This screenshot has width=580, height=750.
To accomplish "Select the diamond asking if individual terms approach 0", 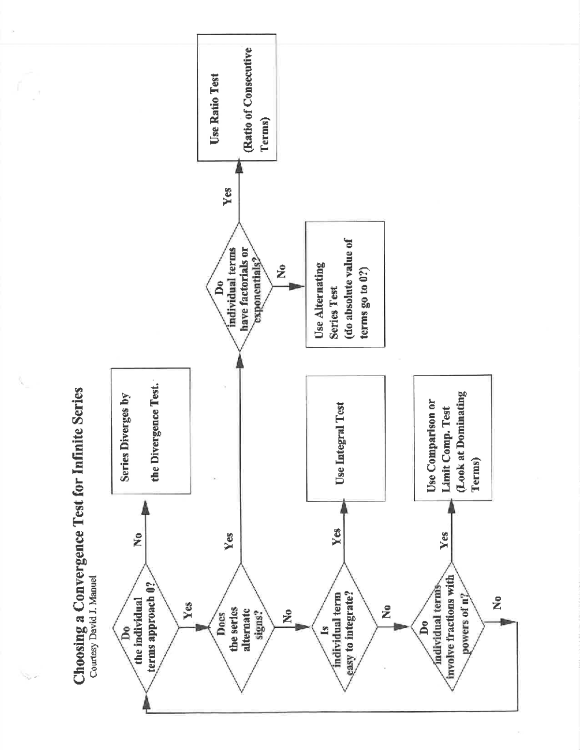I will tap(145, 627).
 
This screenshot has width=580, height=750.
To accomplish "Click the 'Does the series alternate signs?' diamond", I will tap(240, 627).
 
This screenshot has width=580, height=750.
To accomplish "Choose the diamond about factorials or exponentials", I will tap(239, 287).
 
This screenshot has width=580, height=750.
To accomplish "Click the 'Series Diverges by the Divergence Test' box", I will tap(151, 431).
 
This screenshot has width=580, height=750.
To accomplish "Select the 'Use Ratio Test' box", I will tap(237, 97).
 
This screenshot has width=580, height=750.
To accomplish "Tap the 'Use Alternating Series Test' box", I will tap(345, 284).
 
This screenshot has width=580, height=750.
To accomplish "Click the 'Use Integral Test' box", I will tap(346, 439).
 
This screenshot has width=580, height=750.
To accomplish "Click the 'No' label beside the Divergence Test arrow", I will tap(138, 539).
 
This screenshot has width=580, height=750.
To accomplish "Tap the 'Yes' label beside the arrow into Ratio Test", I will tap(228, 197).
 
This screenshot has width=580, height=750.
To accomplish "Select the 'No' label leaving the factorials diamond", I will tap(281, 271).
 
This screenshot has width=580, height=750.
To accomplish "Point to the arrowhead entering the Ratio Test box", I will tap(239, 169).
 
